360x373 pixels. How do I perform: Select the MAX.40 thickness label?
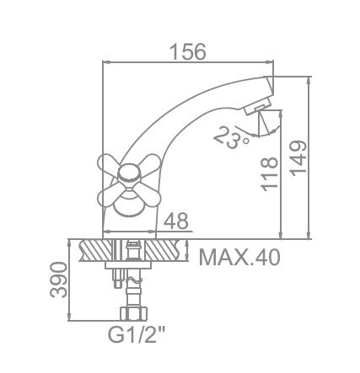click(x=239, y=255)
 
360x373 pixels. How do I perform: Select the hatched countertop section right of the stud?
click(x=164, y=251)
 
